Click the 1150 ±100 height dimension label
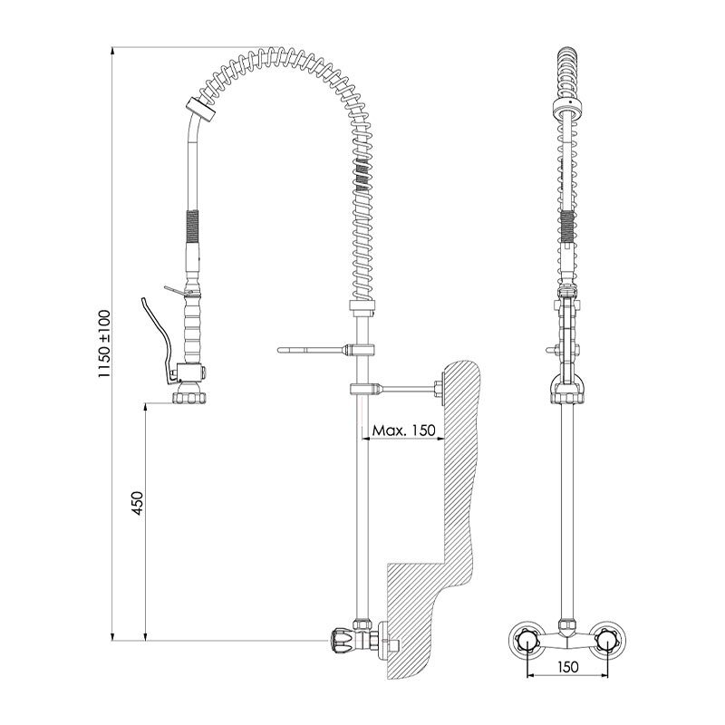tap(104, 343)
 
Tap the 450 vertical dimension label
tap(138, 503)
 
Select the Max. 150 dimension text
tap(403, 430)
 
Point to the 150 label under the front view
tap(568, 667)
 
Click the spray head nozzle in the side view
tap(188, 397)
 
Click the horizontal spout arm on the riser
tap(314, 350)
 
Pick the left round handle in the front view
tap(527, 641)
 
